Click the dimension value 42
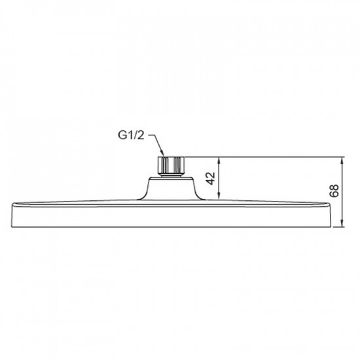(211, 177)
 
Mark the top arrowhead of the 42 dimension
(222, 160)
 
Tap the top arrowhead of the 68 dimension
(342, 160)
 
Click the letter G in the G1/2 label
(122, 136)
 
